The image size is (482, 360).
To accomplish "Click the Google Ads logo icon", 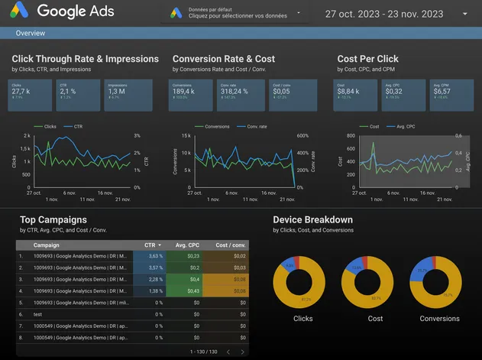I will tap(18, 11).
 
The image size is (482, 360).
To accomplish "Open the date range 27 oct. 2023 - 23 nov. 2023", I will tap(383, 14).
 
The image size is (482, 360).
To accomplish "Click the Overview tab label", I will tap(31, 34).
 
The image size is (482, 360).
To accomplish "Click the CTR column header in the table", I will tap(150, 245).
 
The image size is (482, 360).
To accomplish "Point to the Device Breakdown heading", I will tap(312, 220).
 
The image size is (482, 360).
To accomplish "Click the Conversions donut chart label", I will tap(439, 318).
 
